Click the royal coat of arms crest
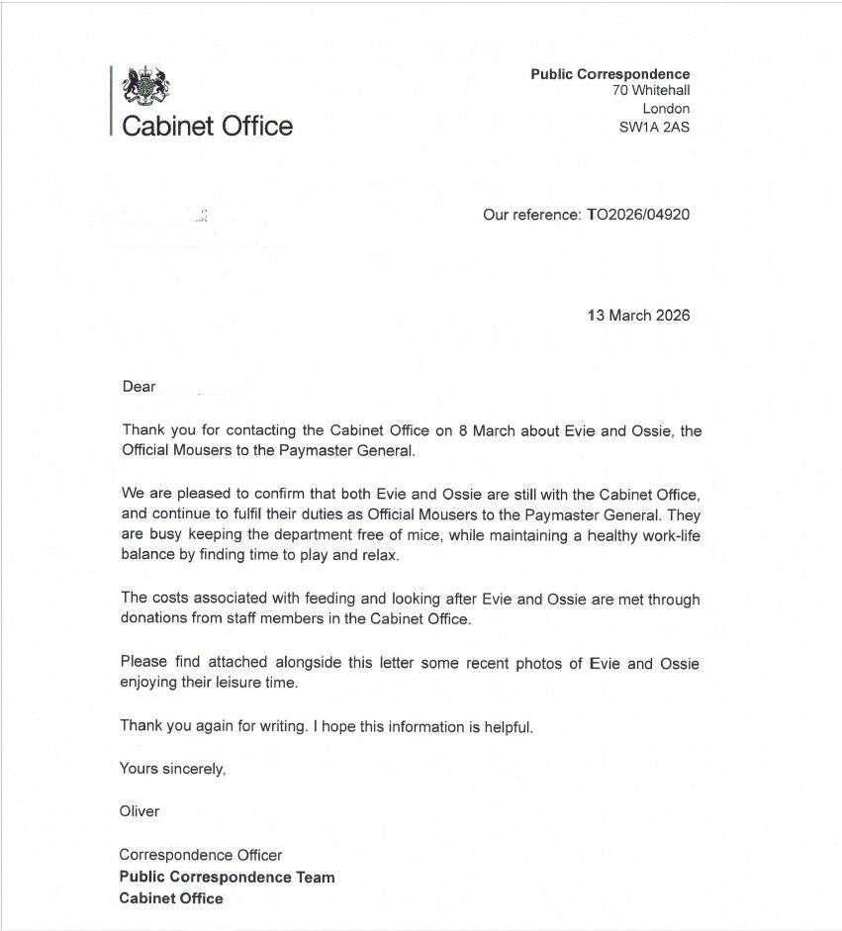pyautogui.click(x=145, y=86)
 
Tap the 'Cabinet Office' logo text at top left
pyautogui.click(x=207, y=127)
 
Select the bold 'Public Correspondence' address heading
pyautogui.click(x=610, y=74)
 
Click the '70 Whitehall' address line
pyautogui.click(x=650, y=91)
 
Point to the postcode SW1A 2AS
pyautogui.click(x=654, y=127)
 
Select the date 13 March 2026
pyautogui.click(x=638, y=316)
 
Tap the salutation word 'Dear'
pyautogui.click(x=140, y=387)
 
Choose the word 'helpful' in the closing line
pyautogui.click(x=507, y=727)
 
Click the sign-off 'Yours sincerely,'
pyautogui.click(x=173, y=769)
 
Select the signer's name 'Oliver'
pyautogui.click(x=140, y=811)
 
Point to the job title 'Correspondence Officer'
pyautogui.click(x=201, y=855)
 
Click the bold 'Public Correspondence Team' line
pyautogui.click(x=227, y=877)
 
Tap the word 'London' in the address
pyautogui.click(x=666, y=109)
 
